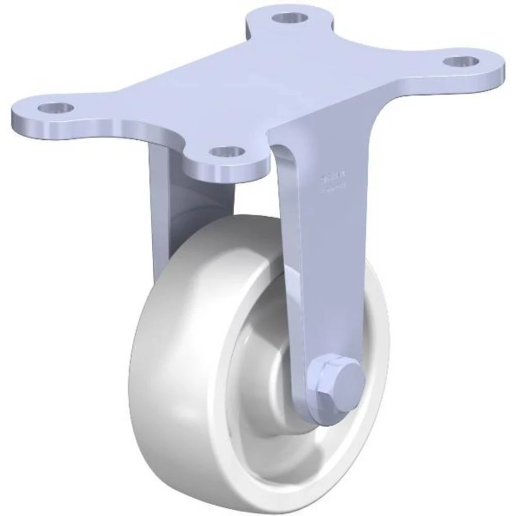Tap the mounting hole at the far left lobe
[56, 108]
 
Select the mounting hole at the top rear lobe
[290, 18]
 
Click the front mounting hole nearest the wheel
[228, 152]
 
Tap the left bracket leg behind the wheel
[160, 206]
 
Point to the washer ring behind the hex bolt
[317, 397]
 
